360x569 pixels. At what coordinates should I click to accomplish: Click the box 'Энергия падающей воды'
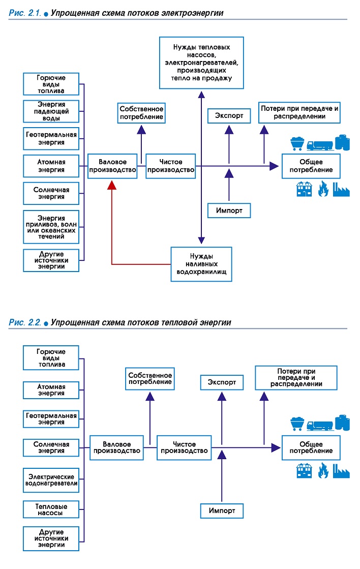click(51, 111)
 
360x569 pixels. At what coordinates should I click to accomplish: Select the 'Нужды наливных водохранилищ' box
click(201, 264)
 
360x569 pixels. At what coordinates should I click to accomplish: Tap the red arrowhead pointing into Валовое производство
click(112, 185)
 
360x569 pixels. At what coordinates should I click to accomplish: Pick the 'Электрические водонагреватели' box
click(51, 480)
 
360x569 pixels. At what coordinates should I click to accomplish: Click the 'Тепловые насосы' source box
click(51, 510)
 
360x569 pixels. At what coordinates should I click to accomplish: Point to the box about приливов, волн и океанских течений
click(51, 227)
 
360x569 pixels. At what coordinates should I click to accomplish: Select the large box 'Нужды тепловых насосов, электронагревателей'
click(201, 63)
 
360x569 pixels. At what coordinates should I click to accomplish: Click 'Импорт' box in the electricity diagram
click(229, 211)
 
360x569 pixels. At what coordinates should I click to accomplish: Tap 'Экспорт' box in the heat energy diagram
click(222, 382)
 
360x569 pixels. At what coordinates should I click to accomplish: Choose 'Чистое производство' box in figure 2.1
click(170, 166)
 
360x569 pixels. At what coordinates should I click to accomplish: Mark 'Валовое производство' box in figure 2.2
click(116, 448)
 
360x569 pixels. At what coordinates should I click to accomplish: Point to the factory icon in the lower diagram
click(341, 471)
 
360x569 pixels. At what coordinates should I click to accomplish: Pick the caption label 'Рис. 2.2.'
click(25, 322)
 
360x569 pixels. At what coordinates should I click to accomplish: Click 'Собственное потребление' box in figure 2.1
click(141, 113)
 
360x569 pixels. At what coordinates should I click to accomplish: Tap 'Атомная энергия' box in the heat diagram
click(51, 390)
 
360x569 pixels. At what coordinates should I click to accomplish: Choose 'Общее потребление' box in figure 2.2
click(311, 448)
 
